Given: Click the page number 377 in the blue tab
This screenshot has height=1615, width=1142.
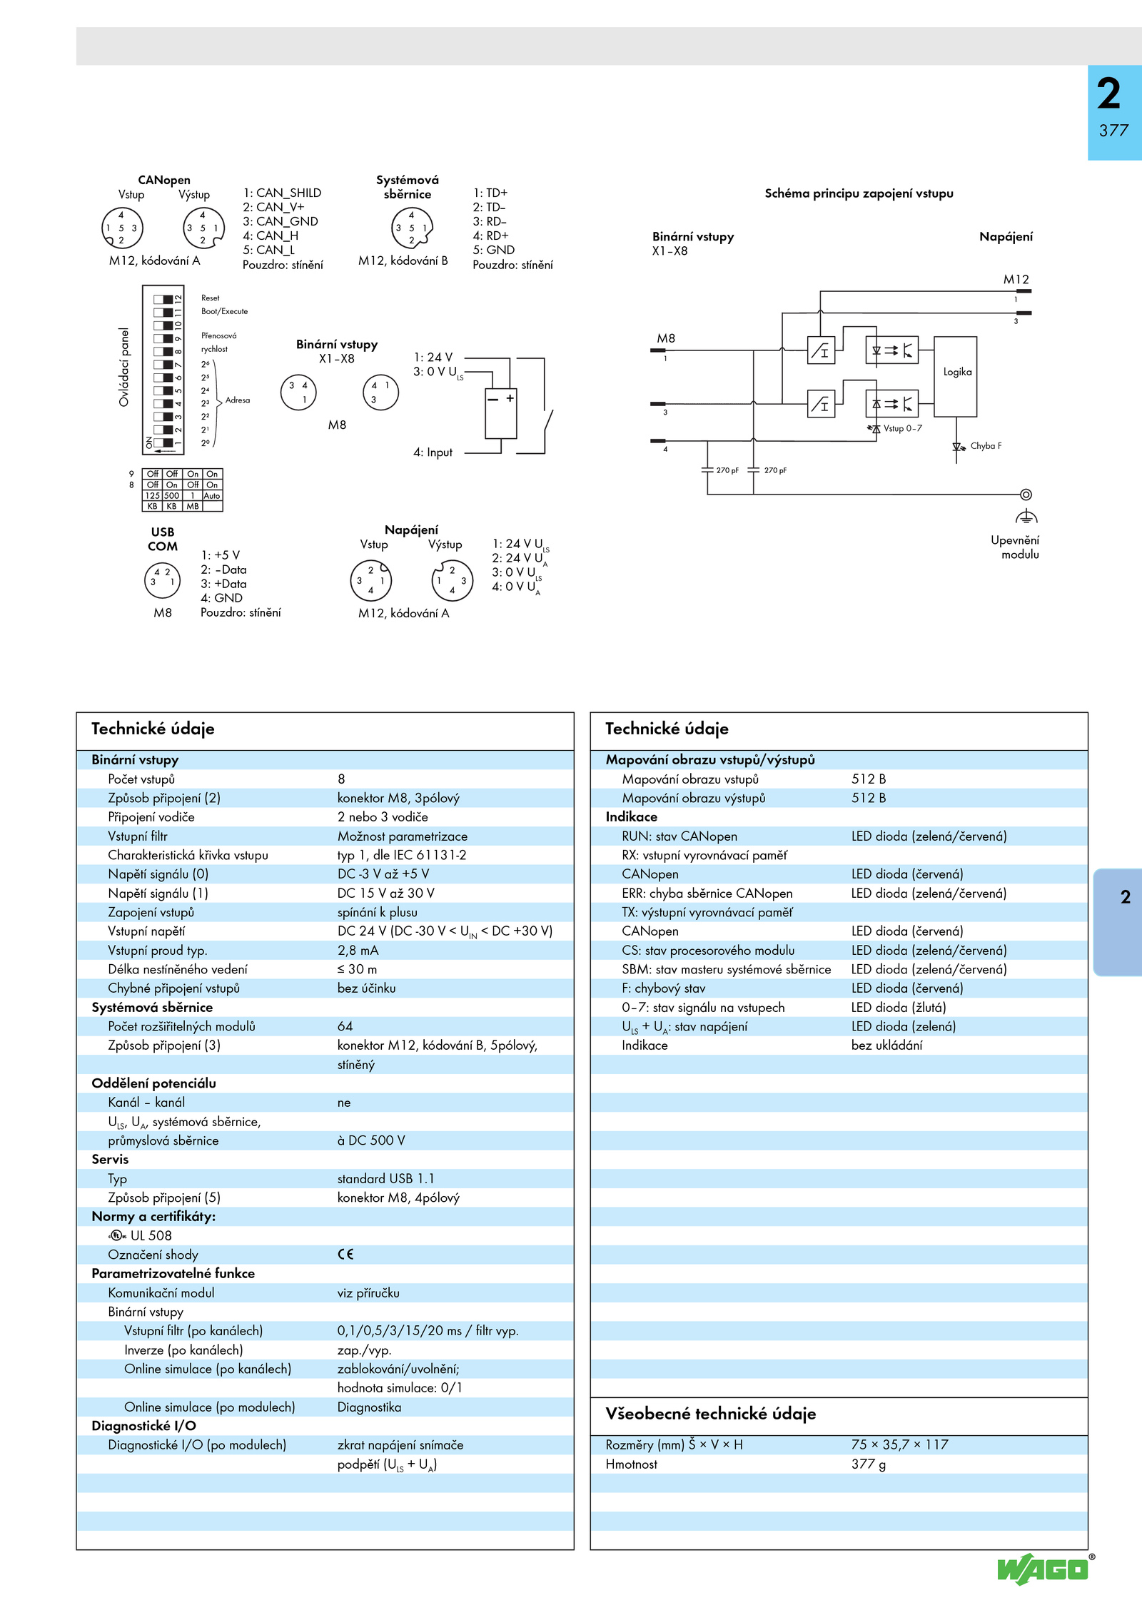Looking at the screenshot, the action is point(1113,131).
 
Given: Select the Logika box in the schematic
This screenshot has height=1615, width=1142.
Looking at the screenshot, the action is point(956,377).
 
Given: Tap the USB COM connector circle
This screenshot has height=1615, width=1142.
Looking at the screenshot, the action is point(163,579).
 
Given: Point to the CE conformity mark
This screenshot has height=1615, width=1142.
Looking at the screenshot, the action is point(345,1254).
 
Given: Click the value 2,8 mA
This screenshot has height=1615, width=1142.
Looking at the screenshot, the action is point(358,951).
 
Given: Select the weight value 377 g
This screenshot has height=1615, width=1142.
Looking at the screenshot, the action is point(869,1464).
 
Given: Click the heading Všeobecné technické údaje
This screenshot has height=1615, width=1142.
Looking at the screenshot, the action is point(710,1414).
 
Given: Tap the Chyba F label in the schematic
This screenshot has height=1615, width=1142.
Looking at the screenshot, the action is point(986,446).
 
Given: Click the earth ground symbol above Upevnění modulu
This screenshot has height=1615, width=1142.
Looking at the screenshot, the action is point(1026,517).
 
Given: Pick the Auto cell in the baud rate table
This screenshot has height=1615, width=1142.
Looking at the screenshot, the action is point(212,496).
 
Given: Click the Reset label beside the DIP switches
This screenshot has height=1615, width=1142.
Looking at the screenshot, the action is point(211,298).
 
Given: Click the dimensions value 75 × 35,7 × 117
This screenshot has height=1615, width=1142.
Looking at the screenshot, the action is point(899,1444).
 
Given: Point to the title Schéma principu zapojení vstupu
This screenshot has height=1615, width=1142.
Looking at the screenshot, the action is point(859,193).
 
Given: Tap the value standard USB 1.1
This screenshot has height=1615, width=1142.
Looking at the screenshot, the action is point(385,1178).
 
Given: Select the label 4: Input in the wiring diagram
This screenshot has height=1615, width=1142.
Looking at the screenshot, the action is point(433,452).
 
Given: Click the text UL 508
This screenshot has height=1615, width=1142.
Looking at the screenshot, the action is point(151,1235).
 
